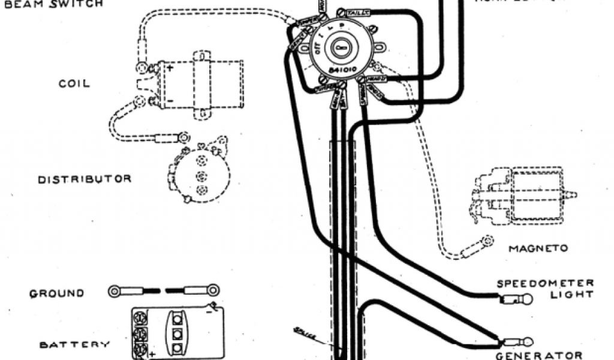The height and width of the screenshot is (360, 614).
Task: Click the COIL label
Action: point(74,83)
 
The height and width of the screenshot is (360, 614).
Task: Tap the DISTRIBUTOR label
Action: point(85,179)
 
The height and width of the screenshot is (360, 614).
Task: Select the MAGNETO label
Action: point(537,248)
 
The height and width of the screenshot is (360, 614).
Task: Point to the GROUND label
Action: point(57,293)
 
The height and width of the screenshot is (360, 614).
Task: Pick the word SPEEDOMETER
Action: point(545,283)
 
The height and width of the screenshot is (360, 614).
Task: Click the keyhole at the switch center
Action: point(341,46)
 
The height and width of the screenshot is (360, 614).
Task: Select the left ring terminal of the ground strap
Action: point(114,292)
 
